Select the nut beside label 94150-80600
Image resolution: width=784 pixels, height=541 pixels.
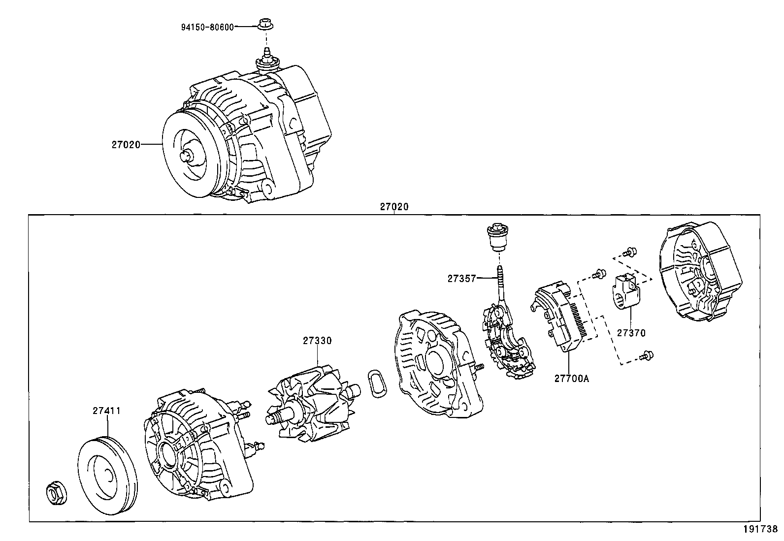pos(266,25)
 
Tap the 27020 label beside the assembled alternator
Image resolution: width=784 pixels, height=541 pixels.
pos(126,145)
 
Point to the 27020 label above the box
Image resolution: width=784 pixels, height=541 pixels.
pos(394,207)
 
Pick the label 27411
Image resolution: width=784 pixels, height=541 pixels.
pos(106,411)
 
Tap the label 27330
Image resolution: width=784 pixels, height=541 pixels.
pos(317,341)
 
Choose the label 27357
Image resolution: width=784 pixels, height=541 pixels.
pos(461,279)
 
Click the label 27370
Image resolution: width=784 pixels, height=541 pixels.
pos(631,333)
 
